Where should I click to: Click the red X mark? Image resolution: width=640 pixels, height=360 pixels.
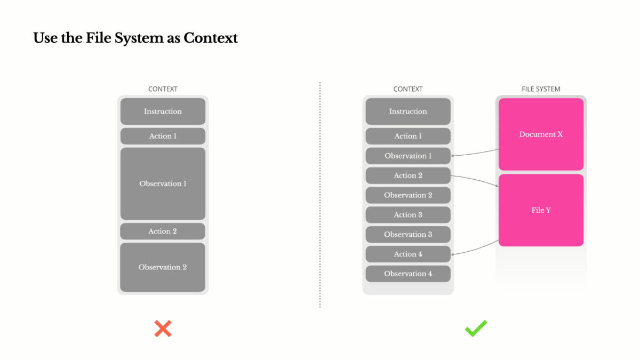coord(163,329)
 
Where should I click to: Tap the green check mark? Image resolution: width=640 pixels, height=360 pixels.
coord(476,328)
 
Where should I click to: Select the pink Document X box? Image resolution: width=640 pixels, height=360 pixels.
coord(541,134)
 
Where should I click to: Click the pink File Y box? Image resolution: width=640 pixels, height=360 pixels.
coord(541,210)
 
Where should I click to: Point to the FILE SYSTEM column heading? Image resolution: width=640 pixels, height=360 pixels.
coord(541,89)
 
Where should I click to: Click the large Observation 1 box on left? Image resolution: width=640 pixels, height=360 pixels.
coord(163,183)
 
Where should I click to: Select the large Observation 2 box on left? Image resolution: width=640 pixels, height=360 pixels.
coord(163,267)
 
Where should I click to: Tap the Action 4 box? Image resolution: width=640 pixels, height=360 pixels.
coord(408,254)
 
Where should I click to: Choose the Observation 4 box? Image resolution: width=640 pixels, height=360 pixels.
coord(408,274)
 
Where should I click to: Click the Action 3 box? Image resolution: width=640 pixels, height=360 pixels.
coord(408,214)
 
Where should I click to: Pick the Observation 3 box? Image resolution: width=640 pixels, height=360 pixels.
coord(408,234)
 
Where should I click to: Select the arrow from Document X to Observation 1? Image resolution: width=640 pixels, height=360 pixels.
coord(475,154)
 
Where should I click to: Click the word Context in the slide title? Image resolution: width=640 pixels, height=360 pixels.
coord(211,38)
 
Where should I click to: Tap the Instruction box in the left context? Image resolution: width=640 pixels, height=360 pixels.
coord(163,111)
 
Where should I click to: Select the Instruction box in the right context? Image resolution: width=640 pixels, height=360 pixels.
coord(408,111)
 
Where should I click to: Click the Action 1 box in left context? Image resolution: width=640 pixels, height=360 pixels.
coord(163,136)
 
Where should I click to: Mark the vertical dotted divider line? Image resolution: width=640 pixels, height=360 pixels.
coord(320,195)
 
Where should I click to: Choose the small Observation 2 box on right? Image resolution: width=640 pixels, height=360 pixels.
coord(408,195)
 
